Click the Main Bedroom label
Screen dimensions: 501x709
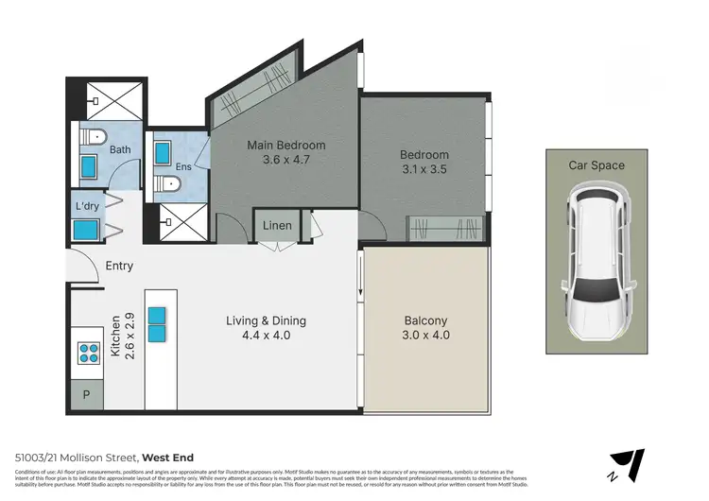285,153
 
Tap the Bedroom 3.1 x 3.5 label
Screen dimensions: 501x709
424,163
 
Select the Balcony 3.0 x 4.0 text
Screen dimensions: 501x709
424,327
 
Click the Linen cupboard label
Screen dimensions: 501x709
277,226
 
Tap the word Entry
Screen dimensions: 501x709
119,266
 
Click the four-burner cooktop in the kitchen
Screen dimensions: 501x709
89,354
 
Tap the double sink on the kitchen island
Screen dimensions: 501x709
157,324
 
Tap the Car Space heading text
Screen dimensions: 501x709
596,165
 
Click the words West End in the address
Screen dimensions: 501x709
167,458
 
